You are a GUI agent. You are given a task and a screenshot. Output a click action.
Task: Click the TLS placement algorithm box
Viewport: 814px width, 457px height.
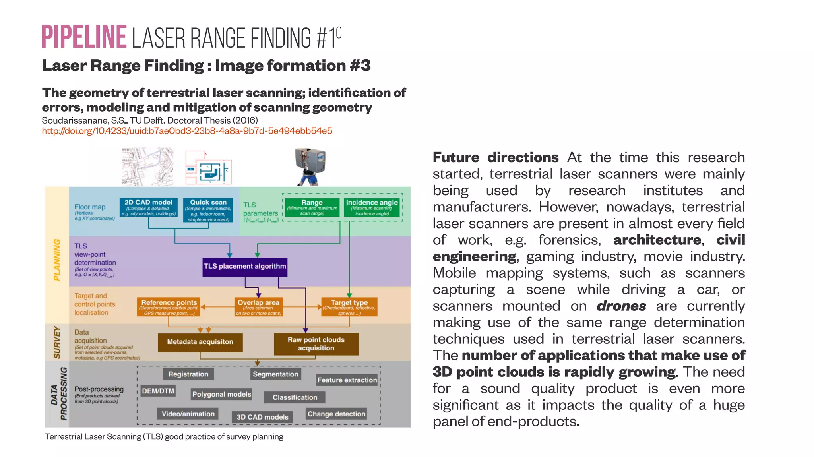point(245,266)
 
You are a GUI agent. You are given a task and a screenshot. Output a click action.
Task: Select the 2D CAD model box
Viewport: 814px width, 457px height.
point(148,208)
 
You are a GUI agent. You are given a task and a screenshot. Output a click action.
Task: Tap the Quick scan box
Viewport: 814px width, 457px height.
point(208,210)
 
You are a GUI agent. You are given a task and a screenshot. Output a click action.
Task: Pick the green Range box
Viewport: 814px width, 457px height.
point(312,207)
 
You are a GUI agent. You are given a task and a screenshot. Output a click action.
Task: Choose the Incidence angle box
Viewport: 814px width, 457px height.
point(372,207)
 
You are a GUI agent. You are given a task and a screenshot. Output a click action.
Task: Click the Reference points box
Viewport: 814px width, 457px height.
point(169,307)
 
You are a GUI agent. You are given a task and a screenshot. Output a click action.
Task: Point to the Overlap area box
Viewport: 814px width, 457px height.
point(258,307)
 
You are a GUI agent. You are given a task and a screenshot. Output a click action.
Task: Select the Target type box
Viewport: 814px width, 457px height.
point(349,307)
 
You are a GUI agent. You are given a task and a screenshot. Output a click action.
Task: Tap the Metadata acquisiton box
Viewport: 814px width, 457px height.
point(200,342)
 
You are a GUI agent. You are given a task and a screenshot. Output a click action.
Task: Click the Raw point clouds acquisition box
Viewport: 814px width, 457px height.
point(316,344)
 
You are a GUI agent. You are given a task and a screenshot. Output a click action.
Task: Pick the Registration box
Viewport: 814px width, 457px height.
point(188,374)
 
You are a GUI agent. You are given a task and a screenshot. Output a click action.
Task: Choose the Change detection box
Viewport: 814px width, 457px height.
point(336,414)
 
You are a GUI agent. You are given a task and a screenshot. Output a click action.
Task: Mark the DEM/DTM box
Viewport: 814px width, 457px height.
point(158,391)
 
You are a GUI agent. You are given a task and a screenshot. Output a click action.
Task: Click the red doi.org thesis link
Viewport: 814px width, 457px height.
point(187,131)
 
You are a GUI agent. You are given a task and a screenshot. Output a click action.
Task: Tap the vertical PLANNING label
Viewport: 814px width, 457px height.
point(57,259)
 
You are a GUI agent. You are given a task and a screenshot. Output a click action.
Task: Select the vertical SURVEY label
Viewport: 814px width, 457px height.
point(57,343)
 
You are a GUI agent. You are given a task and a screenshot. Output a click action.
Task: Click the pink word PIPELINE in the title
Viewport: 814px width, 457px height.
point(84,37)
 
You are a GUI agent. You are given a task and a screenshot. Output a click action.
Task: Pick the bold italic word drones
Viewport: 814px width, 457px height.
point(621,306)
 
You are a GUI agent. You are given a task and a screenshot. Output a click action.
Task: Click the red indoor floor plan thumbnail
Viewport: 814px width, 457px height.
point(208,168)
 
